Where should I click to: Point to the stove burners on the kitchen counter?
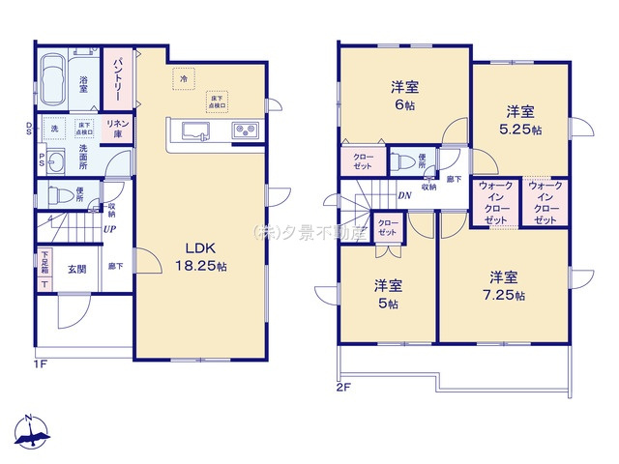tap(243, 130)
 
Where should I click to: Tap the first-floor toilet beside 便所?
tap(57, 194)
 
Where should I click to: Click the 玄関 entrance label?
tap(76, 270)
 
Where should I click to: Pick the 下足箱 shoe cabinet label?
tap(44, 262)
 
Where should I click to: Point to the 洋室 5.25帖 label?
tap(520, 118)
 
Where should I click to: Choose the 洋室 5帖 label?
tap(388, 294)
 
